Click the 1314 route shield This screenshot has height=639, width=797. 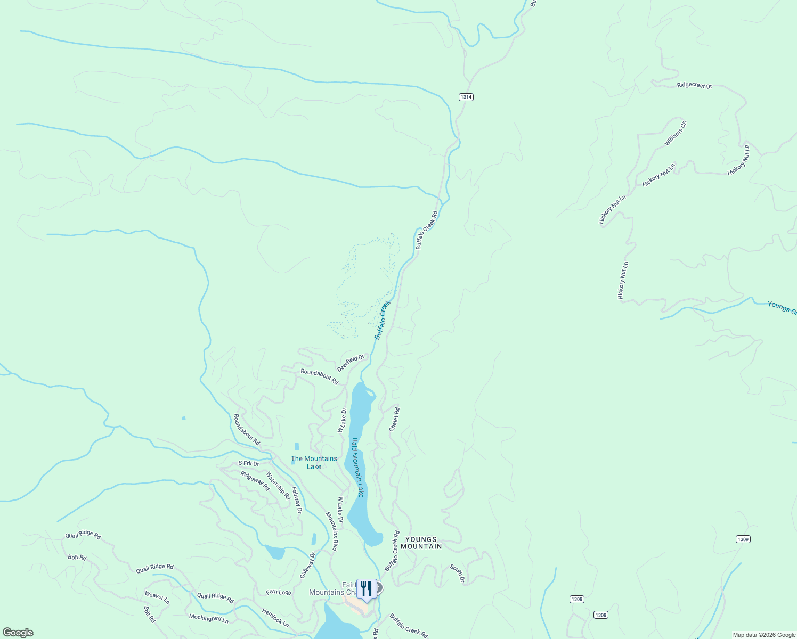pos(466,97)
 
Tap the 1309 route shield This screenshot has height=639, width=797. pos(743,539)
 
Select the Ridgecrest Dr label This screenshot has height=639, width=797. pos(694,85)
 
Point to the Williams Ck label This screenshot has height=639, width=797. pos(676,134)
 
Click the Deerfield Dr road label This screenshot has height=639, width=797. pos(351,364)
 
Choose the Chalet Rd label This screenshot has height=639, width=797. pos(394,419)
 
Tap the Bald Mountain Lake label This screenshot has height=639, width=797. pos(357,468)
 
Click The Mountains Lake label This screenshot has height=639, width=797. pos(314,462)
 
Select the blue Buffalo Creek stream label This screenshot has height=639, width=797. pos(383,319)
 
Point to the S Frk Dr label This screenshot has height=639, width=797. pos(248,463)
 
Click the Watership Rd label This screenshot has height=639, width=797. pos(278,485)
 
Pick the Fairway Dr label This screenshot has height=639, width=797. pos(297,499)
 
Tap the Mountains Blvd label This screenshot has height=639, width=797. pos(332,531)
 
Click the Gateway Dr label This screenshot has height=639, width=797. pos(307,565)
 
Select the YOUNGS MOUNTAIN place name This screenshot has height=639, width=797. pos(421,543)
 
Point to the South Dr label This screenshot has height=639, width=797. pos(457,573)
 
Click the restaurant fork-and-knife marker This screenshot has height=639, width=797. pos(366,589)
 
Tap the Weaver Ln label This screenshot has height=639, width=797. pos(157,597)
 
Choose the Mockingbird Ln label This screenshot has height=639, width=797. pos(208,618)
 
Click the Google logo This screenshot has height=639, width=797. pos(18,633)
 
